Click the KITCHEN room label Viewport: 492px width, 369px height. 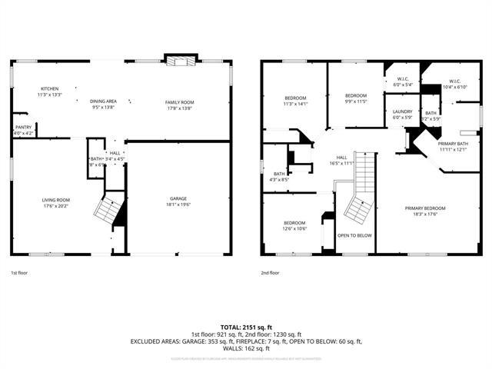pyautogui.click(x=50, y=89)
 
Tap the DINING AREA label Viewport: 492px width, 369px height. pyautogui.click(x=103, y=101)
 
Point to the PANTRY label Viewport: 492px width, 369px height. pyautogui.click(x=24, y=128)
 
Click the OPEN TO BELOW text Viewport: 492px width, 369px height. pyautogui.click(x=355, y=235)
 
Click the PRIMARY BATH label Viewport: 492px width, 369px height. pyautogui.click(x=453, y=144)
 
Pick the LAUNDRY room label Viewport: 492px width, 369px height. pyautogui.click(x=402, y=112)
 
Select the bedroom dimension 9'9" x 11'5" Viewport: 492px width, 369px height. pyautogui.click(x=355, y=101)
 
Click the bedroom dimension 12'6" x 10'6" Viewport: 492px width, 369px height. pyautogui.click(x=295, y=228)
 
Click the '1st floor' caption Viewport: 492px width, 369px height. pyautogui.click(x=19, y=273)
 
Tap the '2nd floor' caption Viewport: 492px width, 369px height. pyautogui.click(x=270, y=273)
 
